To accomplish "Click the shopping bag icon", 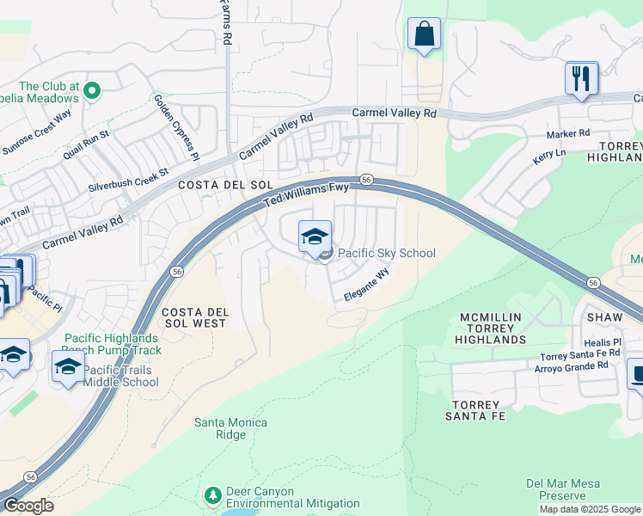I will pyautogui.click(x=424, y=34).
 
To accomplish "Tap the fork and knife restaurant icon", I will pyautogui.click(x=582, y=78).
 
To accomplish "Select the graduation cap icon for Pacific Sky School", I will pyautogui.click(x=315, y=236).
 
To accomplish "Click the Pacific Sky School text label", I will pyautogui.click(x=386, y=254).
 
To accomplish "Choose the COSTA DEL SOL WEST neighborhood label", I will pyautogui.click(x=194, y=317).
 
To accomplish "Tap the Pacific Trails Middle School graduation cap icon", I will pyautogui.click(x=68, y=367).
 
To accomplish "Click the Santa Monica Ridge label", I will pyautogui.click(x=230, y=428).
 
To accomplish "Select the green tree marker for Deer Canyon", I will pyautogui.click(x=212, y=495).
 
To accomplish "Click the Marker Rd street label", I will pyautogui.click(x=568, y=134).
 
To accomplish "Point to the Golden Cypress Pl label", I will pyautogui.click(x=176, y=127).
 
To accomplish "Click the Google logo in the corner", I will pyautogui.click(x=28, y=506).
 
